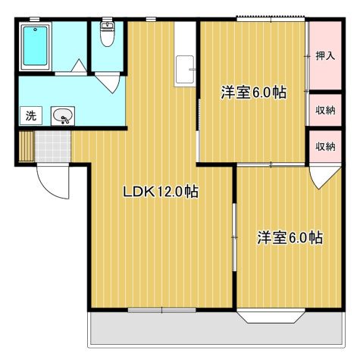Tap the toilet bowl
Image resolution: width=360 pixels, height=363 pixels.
[108, 33]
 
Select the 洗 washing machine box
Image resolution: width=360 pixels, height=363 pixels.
[31, 116]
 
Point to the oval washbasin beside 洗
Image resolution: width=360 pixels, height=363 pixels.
[63, 117]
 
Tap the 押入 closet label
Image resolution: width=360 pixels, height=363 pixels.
[325, 56]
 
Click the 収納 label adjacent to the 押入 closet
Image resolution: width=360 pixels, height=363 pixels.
[325, 111]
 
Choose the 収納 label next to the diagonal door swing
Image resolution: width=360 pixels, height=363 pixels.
[325, 146]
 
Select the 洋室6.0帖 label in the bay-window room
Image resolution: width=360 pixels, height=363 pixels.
[290, 238]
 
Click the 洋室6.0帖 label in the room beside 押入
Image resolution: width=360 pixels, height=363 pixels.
[253, 93]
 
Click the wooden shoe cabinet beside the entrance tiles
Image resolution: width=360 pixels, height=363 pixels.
[27, 146]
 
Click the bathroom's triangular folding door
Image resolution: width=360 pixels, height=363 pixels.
[77, 67]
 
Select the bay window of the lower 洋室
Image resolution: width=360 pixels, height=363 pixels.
[273, 316]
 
